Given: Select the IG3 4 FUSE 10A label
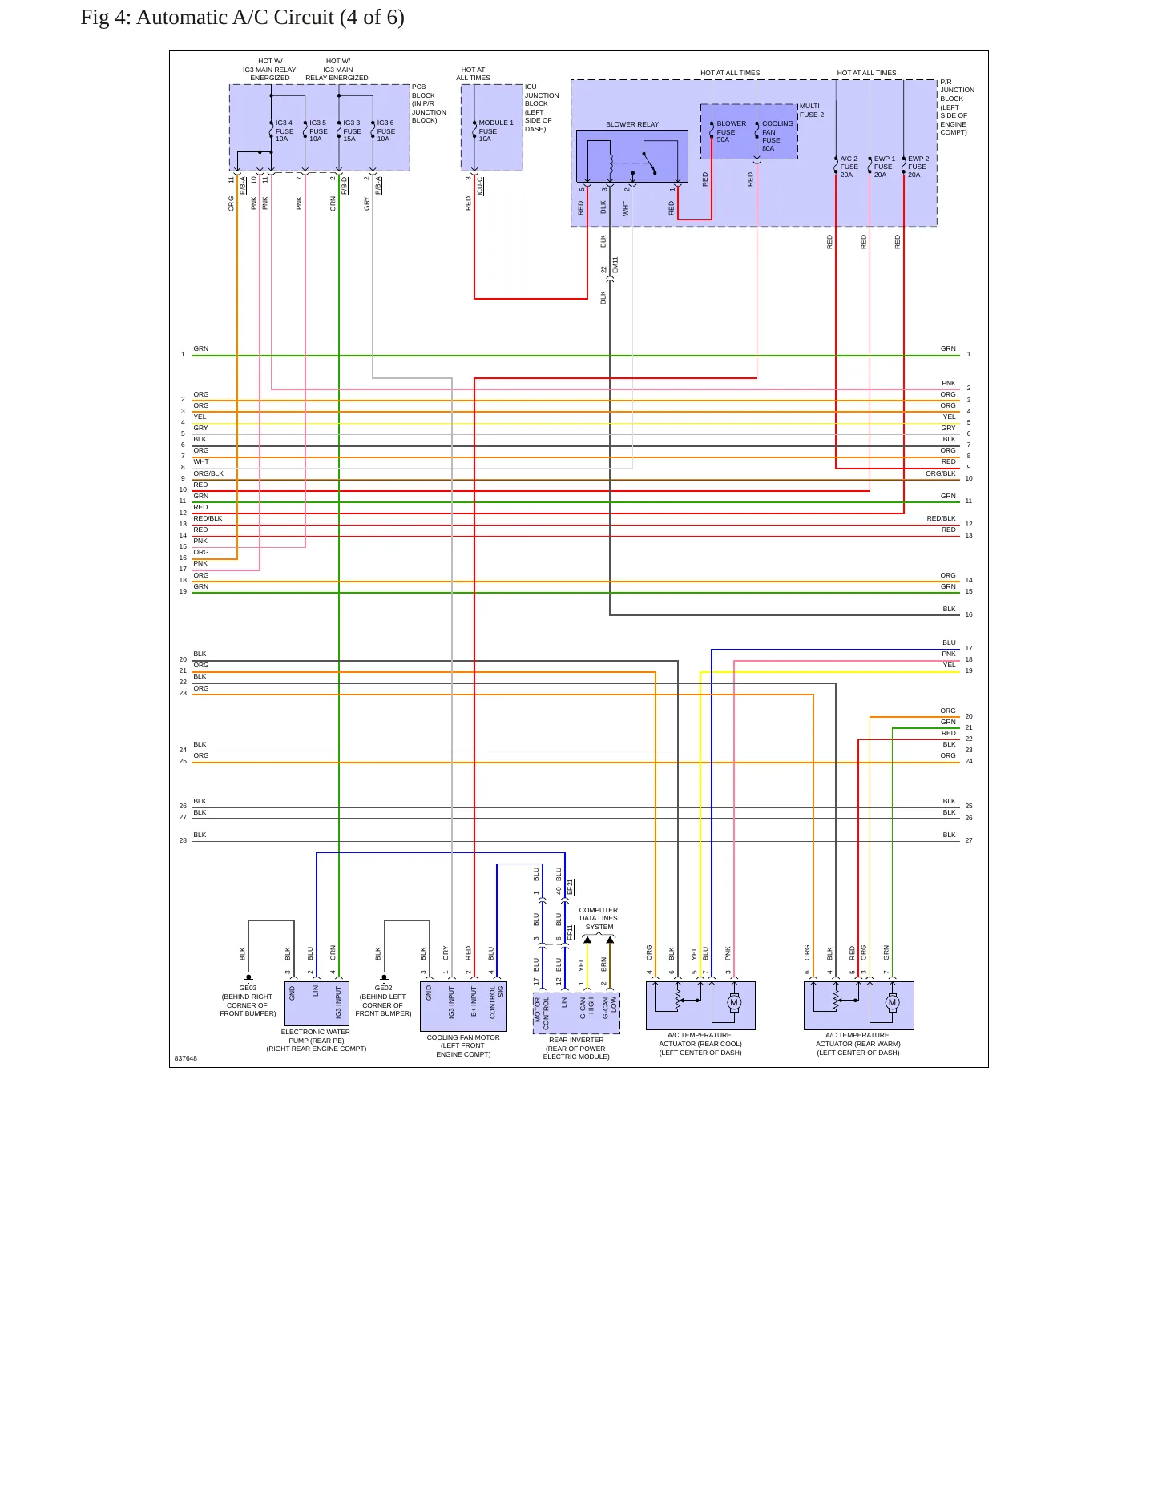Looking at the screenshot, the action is click(284, 131).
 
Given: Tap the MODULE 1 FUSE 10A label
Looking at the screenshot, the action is click(495, 131).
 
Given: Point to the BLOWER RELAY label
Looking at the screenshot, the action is click(632, 124).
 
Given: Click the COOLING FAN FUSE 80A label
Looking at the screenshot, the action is click(777, 136).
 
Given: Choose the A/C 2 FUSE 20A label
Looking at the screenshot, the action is click(849, 167).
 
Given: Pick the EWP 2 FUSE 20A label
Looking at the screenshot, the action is click(918, 167).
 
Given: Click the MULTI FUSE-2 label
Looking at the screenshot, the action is click(811, 111).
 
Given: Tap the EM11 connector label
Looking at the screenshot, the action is click(615, 265).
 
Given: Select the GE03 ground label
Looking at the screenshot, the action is click(248, 989).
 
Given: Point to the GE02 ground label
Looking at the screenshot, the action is click(384, 989).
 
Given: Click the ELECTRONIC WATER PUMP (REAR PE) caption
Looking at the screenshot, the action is click(316, 1041).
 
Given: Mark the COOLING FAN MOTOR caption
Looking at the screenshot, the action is click(463, 1046).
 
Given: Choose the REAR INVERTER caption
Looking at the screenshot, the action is click(576, 1049).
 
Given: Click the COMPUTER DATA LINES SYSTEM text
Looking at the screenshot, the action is click(599, 919).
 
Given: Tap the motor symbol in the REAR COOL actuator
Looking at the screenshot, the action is click(733, 1002).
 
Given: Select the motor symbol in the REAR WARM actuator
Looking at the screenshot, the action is click(892, 1002).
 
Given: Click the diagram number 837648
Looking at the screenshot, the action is click(186, 1058).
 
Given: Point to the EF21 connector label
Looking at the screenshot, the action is click(570, 887).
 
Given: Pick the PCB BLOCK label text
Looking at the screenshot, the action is click(429, 103).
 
